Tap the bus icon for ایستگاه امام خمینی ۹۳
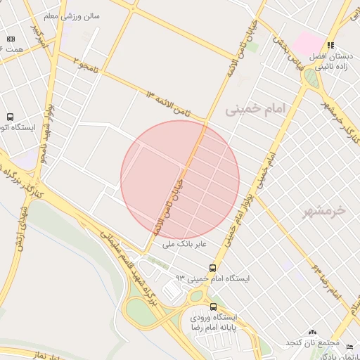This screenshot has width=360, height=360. coord(213,268)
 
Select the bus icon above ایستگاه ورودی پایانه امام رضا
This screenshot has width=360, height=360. coord(193,307)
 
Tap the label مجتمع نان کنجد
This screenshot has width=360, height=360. coord(308,342)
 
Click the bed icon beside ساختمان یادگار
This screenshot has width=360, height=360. coord(351,347)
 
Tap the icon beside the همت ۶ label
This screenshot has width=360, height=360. coord(11,39)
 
